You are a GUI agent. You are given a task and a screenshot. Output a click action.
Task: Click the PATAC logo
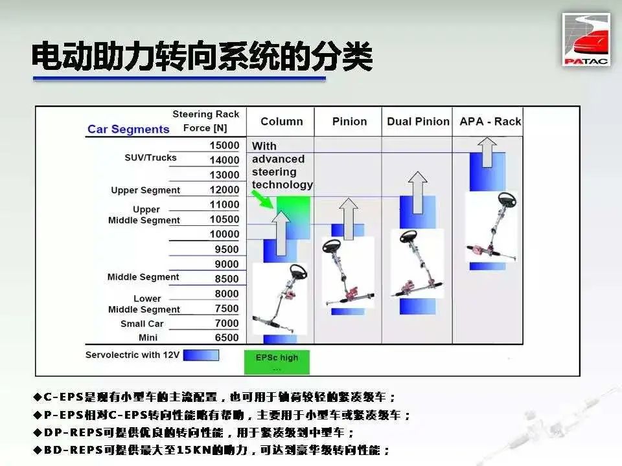click(586, 39)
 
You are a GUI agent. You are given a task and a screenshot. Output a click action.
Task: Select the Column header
click(282, 122)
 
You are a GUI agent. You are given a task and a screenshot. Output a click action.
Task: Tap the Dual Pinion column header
click(418, 122)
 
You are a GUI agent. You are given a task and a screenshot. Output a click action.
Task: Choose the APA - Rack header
click(490, 122)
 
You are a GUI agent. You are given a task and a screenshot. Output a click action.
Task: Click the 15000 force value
click(225, 146)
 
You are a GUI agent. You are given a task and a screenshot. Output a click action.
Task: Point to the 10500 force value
click(225, 219)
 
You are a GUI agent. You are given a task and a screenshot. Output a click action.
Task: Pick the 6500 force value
click(227, 338)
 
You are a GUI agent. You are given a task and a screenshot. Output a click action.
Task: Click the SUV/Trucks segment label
click(150, 158)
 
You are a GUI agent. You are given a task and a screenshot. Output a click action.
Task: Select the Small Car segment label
click(142, 324)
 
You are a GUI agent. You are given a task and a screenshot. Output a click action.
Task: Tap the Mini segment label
click(148, 338)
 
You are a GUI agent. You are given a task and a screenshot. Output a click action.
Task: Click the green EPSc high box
click(277, 362)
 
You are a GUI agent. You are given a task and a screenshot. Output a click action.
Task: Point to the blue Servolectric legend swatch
click(201, 355)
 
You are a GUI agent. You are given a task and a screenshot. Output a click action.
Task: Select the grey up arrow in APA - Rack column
click(487, 152)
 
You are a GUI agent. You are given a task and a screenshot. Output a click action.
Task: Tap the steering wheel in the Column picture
click(298, 272)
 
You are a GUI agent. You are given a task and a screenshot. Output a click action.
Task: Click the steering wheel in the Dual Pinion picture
click(408, 237)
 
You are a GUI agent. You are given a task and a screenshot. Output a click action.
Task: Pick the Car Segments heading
click(128, 129)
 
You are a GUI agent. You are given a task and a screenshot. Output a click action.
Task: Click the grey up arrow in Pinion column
click(349, 219)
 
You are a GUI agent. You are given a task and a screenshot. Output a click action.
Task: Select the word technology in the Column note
click(282, 185)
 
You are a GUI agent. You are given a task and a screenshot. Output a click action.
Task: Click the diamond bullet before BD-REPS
click(38, 450)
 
